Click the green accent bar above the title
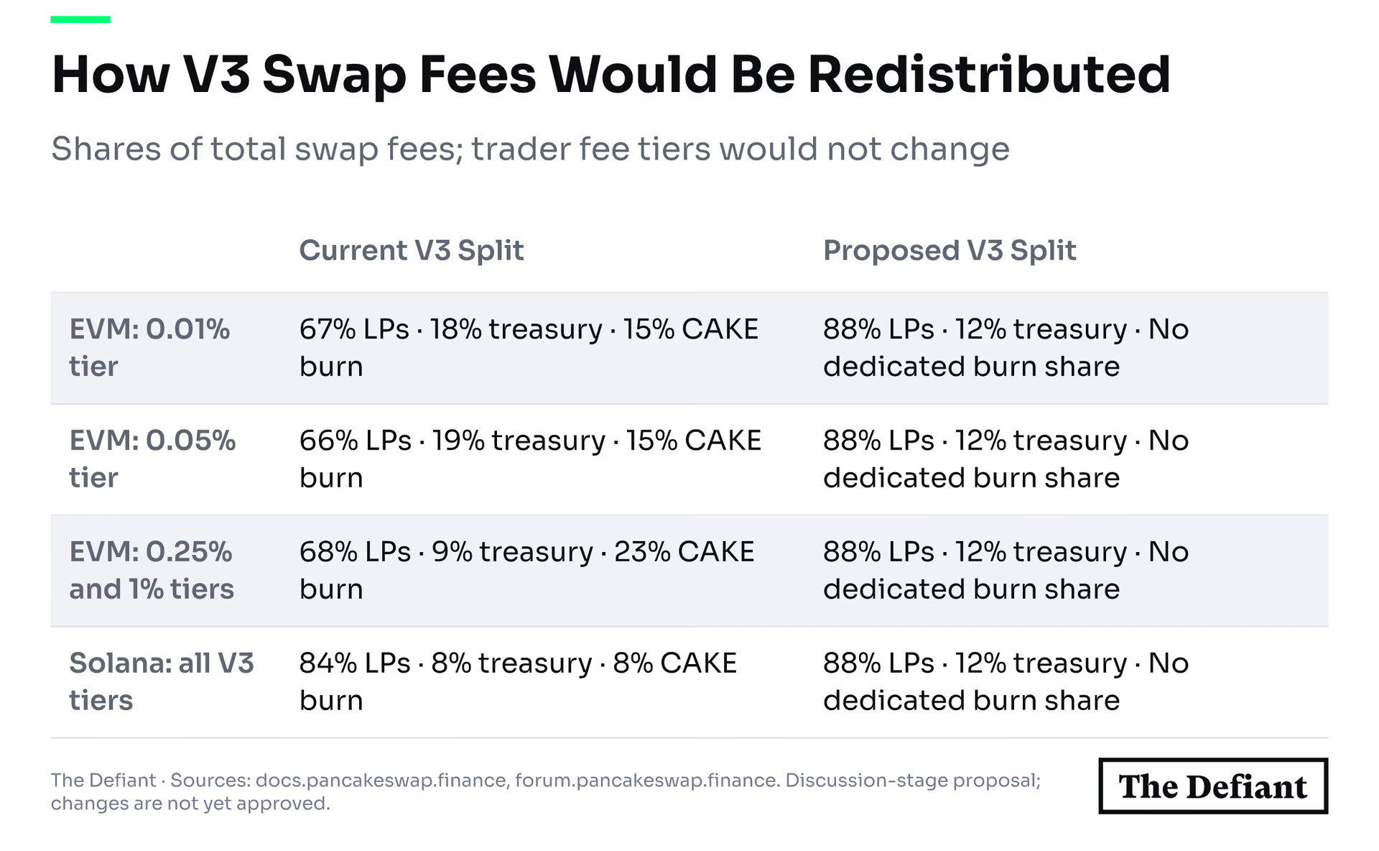click(80, 19)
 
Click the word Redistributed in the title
click(989, 74)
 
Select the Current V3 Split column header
click(412, 251)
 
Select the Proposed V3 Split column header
click(949, 251)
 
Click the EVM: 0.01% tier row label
click(149, 348)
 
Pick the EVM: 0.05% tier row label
click(152, 459)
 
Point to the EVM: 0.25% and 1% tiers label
click(152, 571)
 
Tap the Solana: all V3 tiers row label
click(162, 682)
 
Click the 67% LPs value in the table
click(354, 329)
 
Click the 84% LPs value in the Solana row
click(355, 663)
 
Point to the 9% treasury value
click(513, 552)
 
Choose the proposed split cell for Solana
click(1006, 682)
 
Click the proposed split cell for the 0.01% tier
click(1006, 348)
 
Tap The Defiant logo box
click(1213, 786)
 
